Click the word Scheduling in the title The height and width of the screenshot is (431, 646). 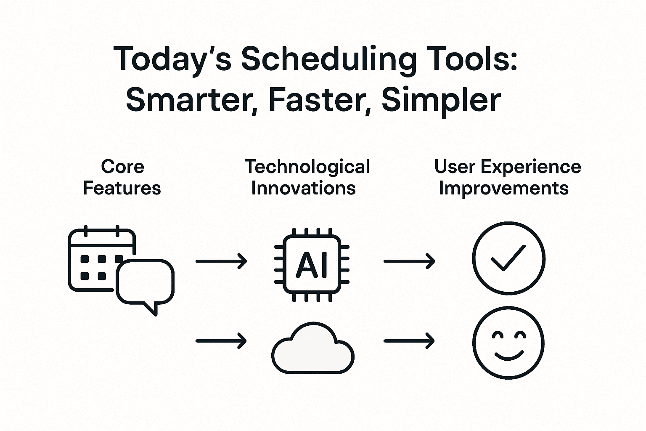pyautogui.click(x=328, y=61)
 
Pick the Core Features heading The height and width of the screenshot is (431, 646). pyautogui.click(x=122, y=177)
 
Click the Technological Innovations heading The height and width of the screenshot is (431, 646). pyautogui.click(x=307, y=177)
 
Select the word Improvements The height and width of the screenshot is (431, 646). pyautogui.click(x=503, y=189)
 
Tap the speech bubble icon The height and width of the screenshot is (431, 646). pyautogui.click(x=145, y=285)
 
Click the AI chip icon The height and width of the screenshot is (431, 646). pyautogui.click(x=312, y=264)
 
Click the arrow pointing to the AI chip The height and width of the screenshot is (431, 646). pyautogui.click(x=221, y=261)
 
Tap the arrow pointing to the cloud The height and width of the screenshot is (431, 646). pyautogui.click(x=221, y=341)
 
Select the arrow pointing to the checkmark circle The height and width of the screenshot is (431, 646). pyautogui.click(x=409, y=261)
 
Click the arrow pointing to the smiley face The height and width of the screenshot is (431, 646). pyautogui.click(x=409, y=341)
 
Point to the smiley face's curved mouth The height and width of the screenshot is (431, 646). pyautogui.click(x=509, y=359)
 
